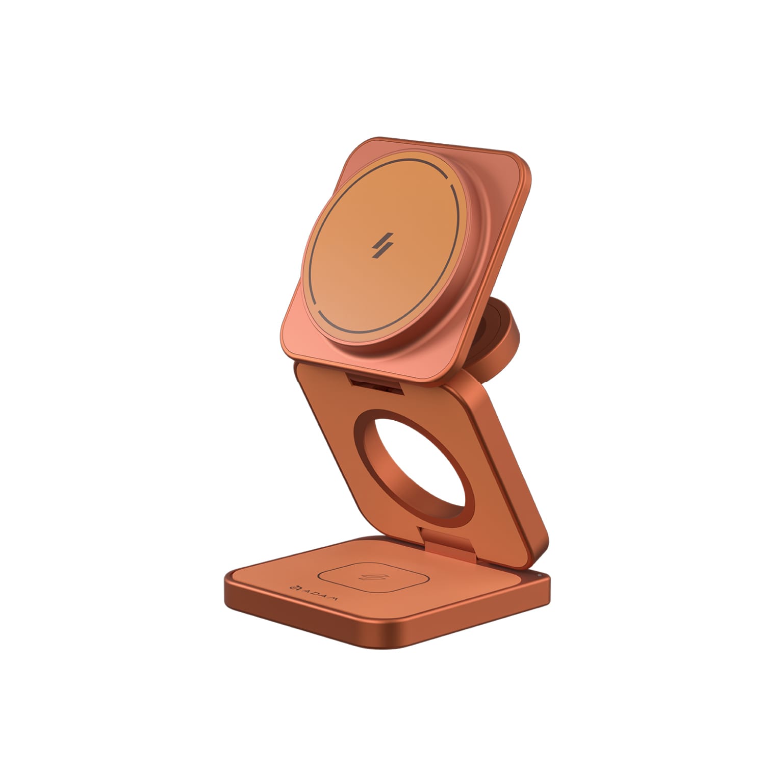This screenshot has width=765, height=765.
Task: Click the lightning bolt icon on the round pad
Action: (380, 245)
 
